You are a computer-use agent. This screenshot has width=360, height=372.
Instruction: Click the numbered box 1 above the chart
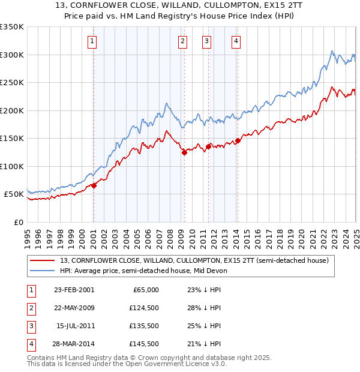point(92,41)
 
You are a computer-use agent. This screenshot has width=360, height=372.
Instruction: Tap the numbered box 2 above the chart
point(182,41)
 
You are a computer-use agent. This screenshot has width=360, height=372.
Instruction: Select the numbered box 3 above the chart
point(206,41)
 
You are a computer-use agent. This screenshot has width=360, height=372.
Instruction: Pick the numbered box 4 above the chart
point(236,41)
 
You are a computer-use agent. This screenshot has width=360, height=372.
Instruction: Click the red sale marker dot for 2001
point(94,186)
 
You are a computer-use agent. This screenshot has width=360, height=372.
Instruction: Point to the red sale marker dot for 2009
point(184,153)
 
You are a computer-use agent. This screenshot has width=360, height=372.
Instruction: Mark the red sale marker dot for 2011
point(208,146)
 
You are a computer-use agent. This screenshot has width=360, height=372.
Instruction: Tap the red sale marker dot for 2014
point(238,141)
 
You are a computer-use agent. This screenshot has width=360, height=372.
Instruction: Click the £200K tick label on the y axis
point(12,110)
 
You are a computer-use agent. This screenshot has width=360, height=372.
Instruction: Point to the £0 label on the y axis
point(19,222)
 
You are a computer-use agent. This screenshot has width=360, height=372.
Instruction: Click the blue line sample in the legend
point(43,271)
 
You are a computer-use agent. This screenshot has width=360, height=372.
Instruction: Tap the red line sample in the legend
point(43,261)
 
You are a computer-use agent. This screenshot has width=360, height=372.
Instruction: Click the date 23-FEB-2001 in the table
point(74,290)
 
